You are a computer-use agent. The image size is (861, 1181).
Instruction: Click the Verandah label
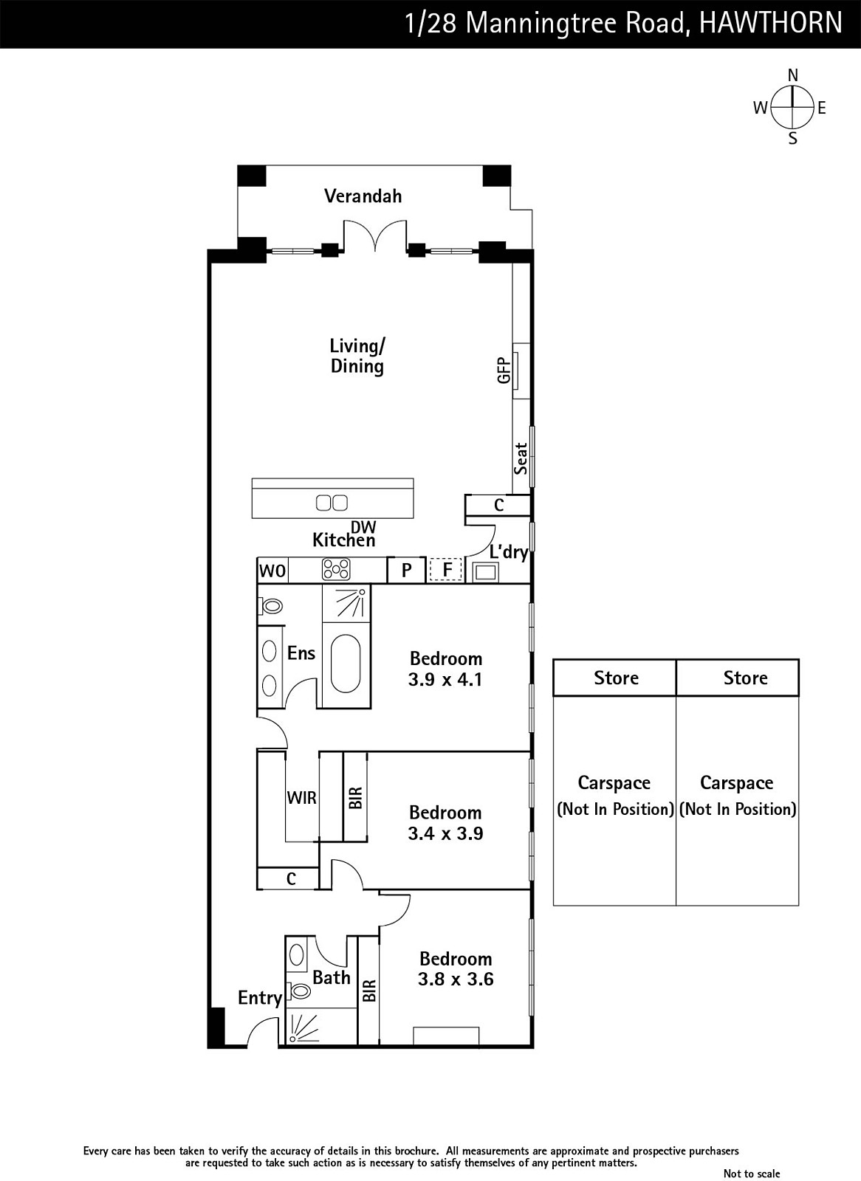pos(363,196)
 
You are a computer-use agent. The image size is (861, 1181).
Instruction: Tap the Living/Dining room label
pos(357,356)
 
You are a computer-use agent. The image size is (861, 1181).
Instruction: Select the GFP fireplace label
pos(504,370)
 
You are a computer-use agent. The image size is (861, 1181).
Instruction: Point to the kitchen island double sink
pos(332,503)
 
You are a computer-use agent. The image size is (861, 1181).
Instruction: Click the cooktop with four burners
pos(337,570)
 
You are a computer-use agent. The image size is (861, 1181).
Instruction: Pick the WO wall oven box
pos(272,570)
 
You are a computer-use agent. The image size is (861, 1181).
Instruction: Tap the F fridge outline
pos(446,570)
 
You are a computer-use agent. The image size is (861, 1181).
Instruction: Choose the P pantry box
pos(406,570)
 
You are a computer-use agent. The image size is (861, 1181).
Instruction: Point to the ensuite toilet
pos(270,606)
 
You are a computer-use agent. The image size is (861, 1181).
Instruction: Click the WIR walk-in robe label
pos(302,798)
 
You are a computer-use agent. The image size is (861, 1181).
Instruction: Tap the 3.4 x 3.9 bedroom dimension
pos(446,833)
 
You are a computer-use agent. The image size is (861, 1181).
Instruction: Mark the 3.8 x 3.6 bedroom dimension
pos(456,979)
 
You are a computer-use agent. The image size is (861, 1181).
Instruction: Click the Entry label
pos(260,998)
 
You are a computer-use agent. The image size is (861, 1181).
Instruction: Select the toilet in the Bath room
pos(298,991)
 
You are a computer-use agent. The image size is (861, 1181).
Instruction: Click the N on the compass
pos(792,76)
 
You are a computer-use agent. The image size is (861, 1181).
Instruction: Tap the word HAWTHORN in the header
pos(771,23)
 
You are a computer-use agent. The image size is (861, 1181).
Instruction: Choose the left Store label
pos(616,678)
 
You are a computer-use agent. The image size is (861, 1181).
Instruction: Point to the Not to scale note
pos(751,1173)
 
